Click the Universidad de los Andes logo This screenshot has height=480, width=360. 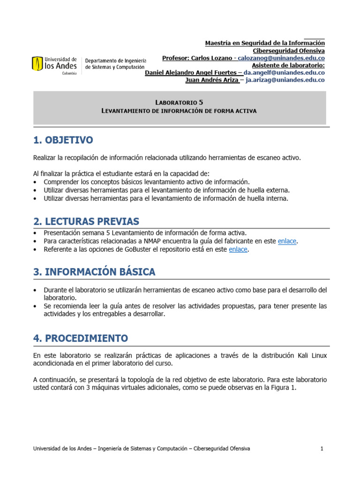click(54, 64)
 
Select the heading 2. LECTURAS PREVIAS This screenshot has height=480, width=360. click(86, 221)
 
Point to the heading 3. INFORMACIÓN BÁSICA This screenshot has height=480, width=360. click(94, 272)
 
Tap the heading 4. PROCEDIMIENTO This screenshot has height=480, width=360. click(80, 338)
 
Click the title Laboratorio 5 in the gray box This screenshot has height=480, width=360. click(179, 102)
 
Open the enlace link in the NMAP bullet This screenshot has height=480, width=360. click(287, 241)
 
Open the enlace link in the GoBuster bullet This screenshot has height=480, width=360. click(238, 249)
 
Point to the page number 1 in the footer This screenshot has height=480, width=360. click(322, 449)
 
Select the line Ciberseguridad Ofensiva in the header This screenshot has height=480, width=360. click(289, 51)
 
